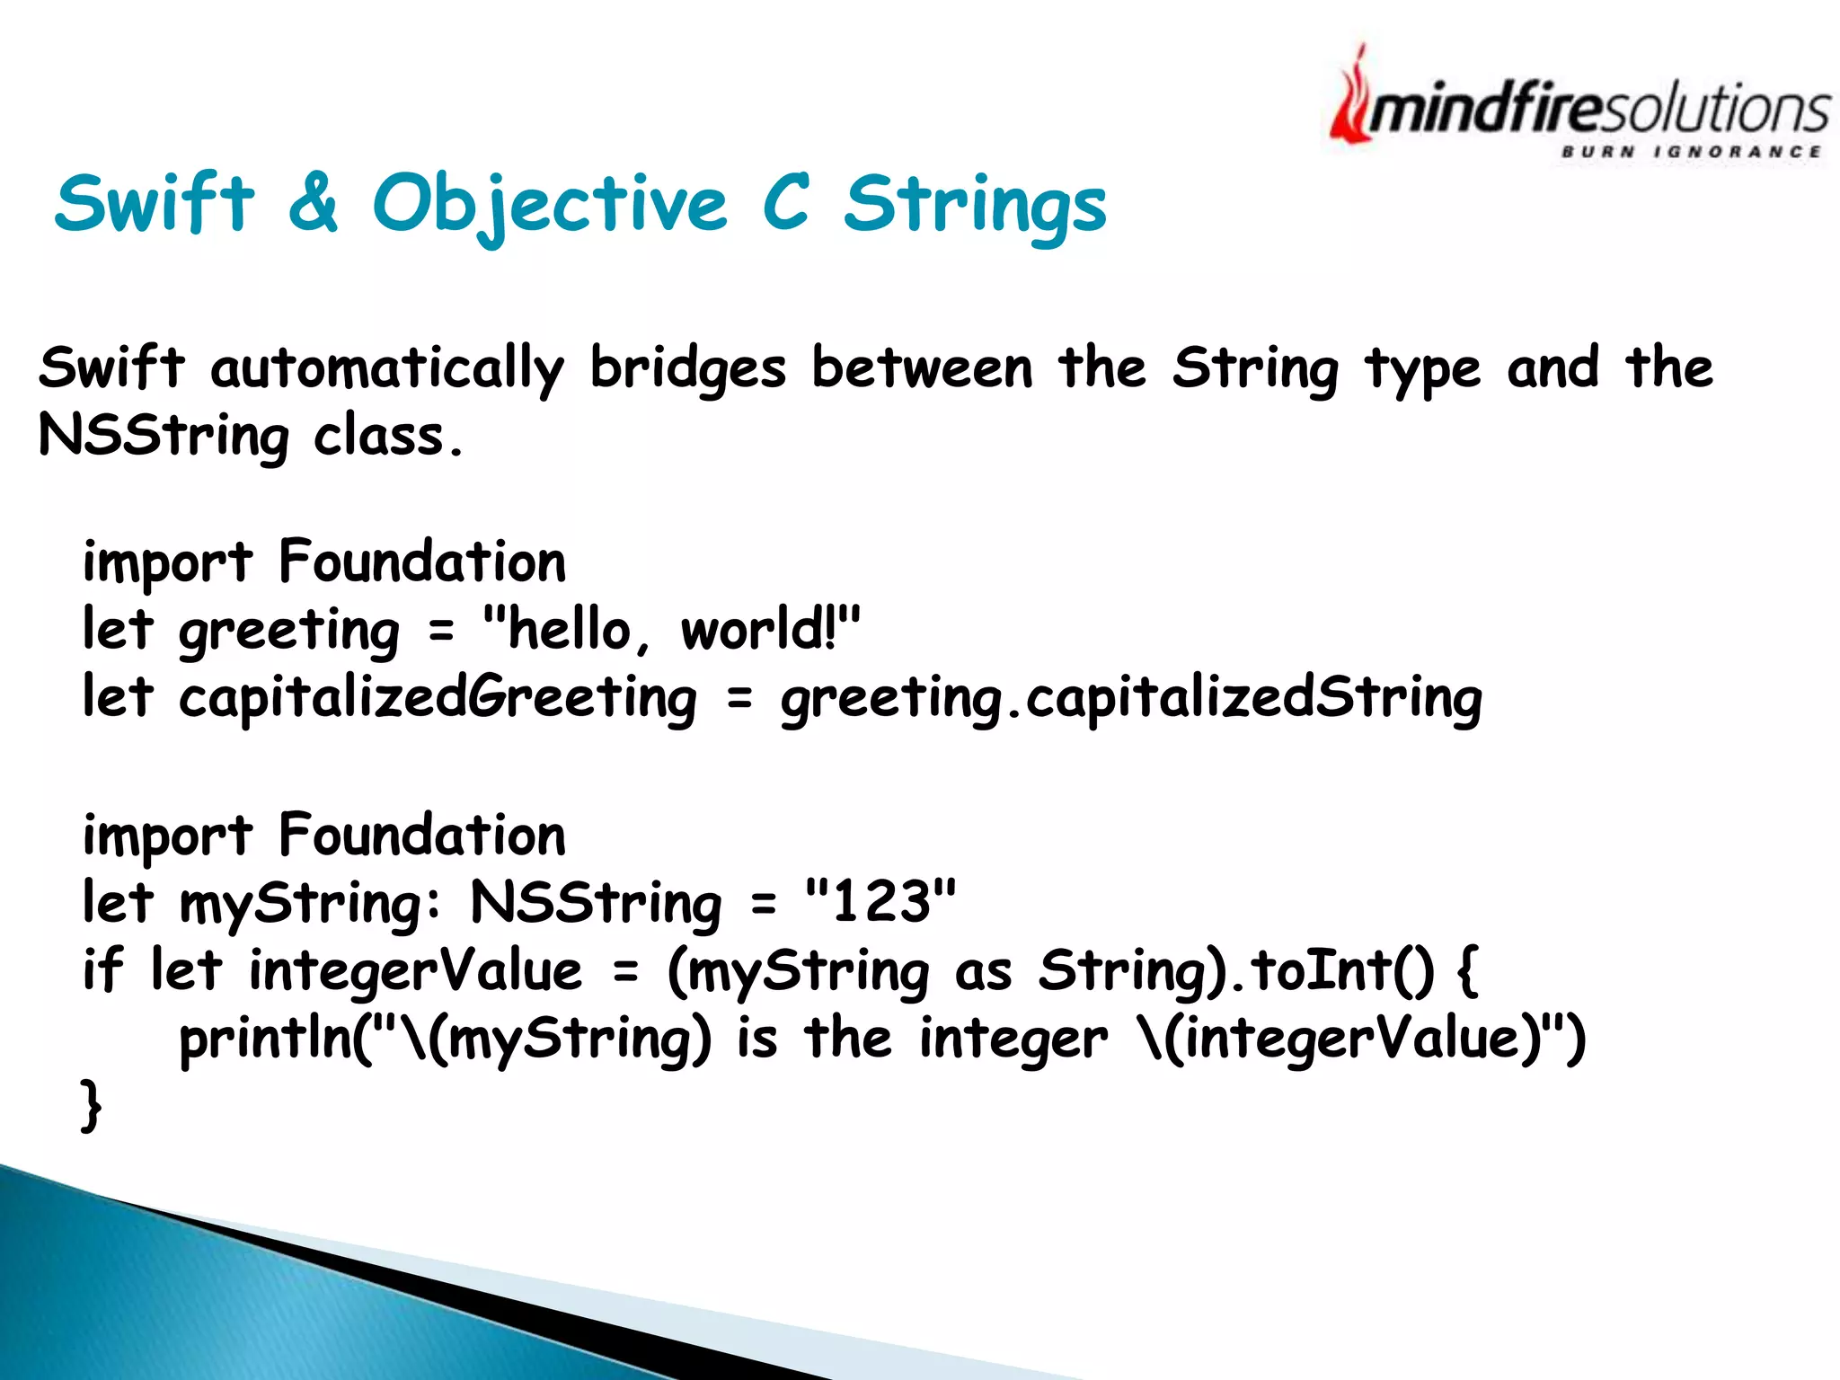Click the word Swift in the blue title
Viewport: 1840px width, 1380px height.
click(155, 202)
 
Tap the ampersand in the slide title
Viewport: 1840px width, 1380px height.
click(314, 202)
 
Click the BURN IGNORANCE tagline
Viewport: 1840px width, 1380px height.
click(1691, 152)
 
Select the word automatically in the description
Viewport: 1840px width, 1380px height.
click(387, 369)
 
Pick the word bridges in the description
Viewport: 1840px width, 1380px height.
click(687, 369)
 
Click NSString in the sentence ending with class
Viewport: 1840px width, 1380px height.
click(164, 437)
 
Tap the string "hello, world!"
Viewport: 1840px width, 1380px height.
click(671, 628)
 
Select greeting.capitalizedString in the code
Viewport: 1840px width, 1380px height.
click(1131, 699)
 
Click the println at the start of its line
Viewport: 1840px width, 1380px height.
click(266, 1039)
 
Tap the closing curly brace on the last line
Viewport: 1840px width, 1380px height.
click(91, 1105)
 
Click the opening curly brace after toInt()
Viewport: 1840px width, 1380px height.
click(1467, 970)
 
